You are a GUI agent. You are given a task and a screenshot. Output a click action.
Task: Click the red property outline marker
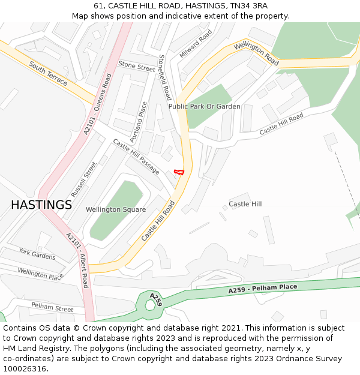pos(178,172)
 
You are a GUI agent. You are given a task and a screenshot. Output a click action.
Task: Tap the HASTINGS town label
pos(41,205)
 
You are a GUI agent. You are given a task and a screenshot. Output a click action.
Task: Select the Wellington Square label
pos(116,209)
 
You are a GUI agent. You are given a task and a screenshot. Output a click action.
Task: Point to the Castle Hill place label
pos(245,204)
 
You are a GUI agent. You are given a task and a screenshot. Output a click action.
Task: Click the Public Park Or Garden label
pos(204,106)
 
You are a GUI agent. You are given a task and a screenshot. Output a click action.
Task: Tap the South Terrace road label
pos(48,73)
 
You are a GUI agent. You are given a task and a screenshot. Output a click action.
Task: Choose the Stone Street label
pos(137,65)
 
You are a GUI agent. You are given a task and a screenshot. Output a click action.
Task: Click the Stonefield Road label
pos(164,77)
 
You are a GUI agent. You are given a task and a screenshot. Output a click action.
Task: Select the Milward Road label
pos(196,44)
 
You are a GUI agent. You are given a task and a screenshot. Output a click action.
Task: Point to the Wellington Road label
pos(257,53)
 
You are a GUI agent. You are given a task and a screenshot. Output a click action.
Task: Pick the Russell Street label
pos(83,179)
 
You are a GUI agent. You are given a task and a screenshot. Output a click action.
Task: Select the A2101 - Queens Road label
pos(98,104)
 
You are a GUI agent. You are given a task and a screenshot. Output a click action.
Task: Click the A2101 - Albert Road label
pos(76,260)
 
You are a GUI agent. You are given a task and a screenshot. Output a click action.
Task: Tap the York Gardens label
pos(37,254)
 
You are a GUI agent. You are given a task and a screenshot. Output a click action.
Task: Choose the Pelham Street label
pos(52,307)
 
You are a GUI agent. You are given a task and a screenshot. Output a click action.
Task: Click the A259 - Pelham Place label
pos(262,289)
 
